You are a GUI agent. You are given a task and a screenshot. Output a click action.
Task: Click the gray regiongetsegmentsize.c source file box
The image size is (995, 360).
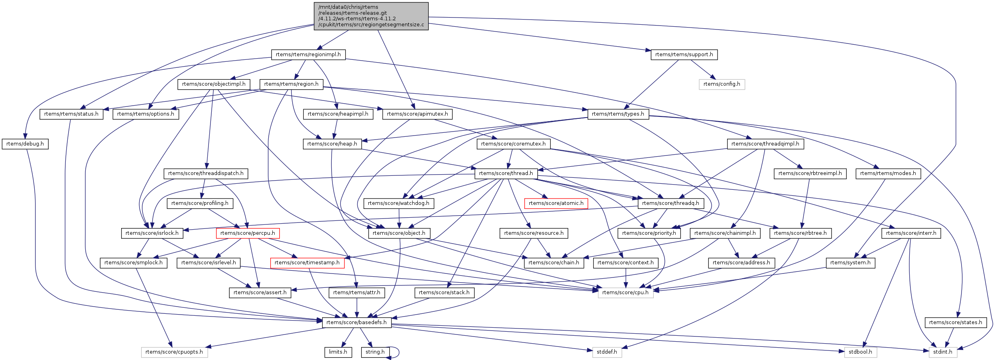point(371,16)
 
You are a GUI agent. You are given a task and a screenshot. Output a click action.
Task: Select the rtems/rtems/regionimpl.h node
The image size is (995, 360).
point(308,55)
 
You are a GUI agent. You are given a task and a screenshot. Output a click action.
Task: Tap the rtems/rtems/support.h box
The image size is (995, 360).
point(684,55)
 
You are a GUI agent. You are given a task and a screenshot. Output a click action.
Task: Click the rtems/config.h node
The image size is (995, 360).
point(722,84)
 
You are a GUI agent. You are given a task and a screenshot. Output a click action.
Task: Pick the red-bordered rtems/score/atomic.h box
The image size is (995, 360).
point(556,203)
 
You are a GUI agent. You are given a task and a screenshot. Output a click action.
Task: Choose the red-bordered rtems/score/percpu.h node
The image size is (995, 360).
point(248,233)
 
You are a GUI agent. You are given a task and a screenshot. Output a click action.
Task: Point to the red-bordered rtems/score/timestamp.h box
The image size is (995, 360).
point(307,263)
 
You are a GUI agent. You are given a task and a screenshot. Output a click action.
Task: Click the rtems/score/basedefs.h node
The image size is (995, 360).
point(356,323)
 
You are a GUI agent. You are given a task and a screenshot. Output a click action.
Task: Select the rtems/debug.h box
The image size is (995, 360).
point(25,144)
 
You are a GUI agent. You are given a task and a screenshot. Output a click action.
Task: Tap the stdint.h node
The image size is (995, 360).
point(942,352)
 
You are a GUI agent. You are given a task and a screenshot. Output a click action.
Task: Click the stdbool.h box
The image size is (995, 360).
point(860,352)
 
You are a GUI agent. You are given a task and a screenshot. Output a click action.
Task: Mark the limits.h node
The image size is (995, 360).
point(338,352)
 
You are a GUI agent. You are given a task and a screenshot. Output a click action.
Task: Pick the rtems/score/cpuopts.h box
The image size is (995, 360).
point(174,352)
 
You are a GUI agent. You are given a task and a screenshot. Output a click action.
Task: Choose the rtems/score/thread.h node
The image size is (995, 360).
point(506,173)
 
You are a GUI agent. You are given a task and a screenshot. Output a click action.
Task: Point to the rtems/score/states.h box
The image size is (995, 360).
point(956,323)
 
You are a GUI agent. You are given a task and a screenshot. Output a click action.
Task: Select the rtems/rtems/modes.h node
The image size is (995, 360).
point(888,173)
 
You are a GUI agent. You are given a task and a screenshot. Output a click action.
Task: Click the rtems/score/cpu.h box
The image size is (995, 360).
point(625,293)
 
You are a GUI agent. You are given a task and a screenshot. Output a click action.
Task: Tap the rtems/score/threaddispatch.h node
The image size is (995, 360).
point(206,173)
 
